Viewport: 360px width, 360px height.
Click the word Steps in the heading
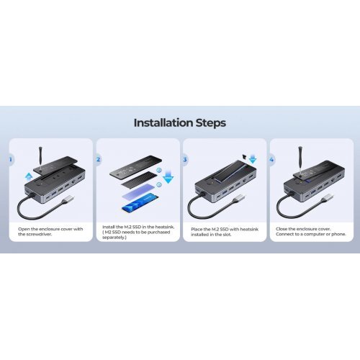pos(211,123)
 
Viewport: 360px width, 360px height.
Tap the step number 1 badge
pos(11,160)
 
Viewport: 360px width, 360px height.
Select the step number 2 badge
pos(98,159)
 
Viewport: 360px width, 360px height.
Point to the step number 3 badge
pos(185,160)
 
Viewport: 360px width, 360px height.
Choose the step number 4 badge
pos(271,160)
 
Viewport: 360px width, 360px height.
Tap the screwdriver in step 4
pos(300,160)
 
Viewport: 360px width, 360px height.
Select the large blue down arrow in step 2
pos(168,179)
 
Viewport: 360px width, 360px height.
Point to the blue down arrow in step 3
pos(253,159)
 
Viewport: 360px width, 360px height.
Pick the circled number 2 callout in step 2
pos(159,171)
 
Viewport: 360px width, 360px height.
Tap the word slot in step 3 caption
pos(227,235)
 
